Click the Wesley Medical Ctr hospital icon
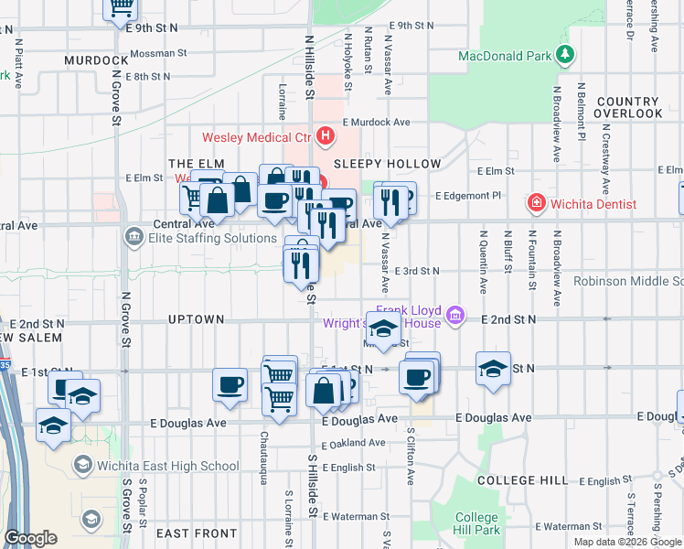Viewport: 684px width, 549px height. (326, 138)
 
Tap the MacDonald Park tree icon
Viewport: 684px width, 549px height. (566, 55)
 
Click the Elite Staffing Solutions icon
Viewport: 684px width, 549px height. (134, 239)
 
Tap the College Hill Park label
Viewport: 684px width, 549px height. (477, 523)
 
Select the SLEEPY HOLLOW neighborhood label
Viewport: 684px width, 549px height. (387, 165)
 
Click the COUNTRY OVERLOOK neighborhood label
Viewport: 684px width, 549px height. (627, 107)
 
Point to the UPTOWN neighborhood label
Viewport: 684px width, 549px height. (196, 319)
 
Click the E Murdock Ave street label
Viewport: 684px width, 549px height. (377, 122)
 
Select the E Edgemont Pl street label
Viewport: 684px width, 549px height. (468, 196)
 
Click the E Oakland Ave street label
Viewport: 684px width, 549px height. (353, 443)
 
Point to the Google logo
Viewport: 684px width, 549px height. (30, 539)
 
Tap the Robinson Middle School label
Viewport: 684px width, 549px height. (628, 281)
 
